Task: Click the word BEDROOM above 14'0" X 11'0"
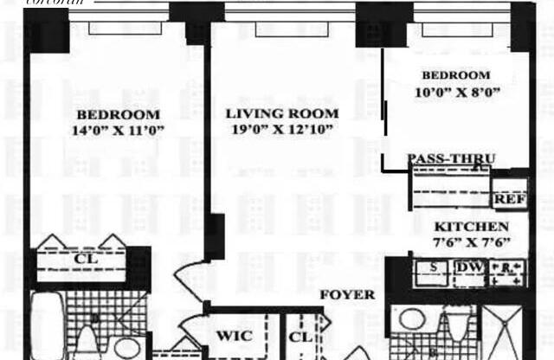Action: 118,114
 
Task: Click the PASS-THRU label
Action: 451,158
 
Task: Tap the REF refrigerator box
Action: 510,199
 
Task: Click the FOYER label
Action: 347,294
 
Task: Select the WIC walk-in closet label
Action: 235,335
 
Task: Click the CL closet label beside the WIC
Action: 300,335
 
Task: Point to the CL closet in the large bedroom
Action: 84,257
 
